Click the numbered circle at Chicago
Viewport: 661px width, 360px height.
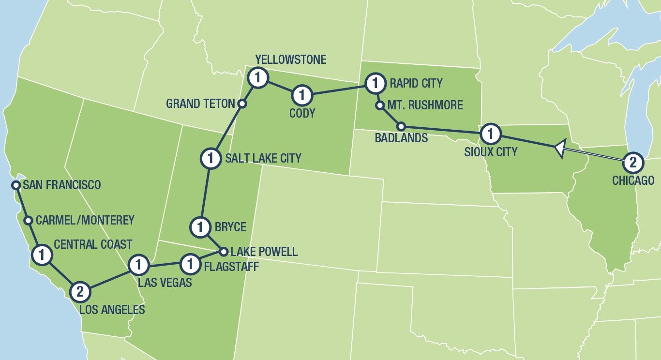(x=631, y=163)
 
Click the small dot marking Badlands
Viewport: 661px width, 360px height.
(x=401, y=126)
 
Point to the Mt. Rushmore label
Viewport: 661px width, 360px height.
(x=425, y=105)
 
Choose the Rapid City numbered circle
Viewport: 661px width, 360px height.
(x=374, y=83)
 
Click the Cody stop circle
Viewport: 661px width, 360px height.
(x=302, y=95)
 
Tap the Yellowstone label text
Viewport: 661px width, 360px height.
(x=290, y=60)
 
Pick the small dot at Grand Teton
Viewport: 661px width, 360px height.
(x=243, y=103)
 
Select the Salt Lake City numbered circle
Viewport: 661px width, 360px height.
(x=210, y=158)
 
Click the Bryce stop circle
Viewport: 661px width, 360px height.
(x=200, y=226)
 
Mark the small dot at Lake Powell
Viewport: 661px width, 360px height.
(x=224, y=252)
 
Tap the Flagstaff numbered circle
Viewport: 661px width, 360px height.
(x=190, y=264)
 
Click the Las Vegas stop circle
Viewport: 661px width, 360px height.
(x=138, y=265)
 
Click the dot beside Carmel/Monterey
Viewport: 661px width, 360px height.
(x=28, y=220)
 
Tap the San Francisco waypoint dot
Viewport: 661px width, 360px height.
(x=16, y=185)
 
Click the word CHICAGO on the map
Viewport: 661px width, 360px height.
(x=633, y=181)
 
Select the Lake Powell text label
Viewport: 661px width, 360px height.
(x=264, y=252)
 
